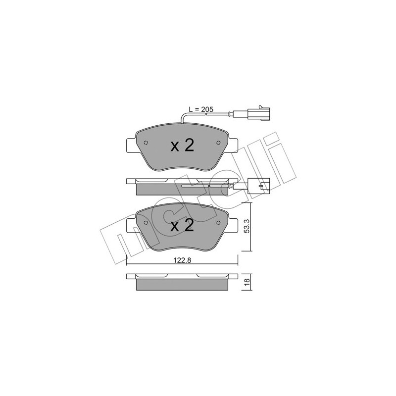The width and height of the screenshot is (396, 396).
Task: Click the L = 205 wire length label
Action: (x=200, y=109)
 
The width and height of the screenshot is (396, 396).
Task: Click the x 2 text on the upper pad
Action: (x=182, y=145)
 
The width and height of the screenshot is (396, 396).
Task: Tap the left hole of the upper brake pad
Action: (x=146, y=144)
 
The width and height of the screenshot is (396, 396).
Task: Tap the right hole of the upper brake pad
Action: (x=218, y=144)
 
